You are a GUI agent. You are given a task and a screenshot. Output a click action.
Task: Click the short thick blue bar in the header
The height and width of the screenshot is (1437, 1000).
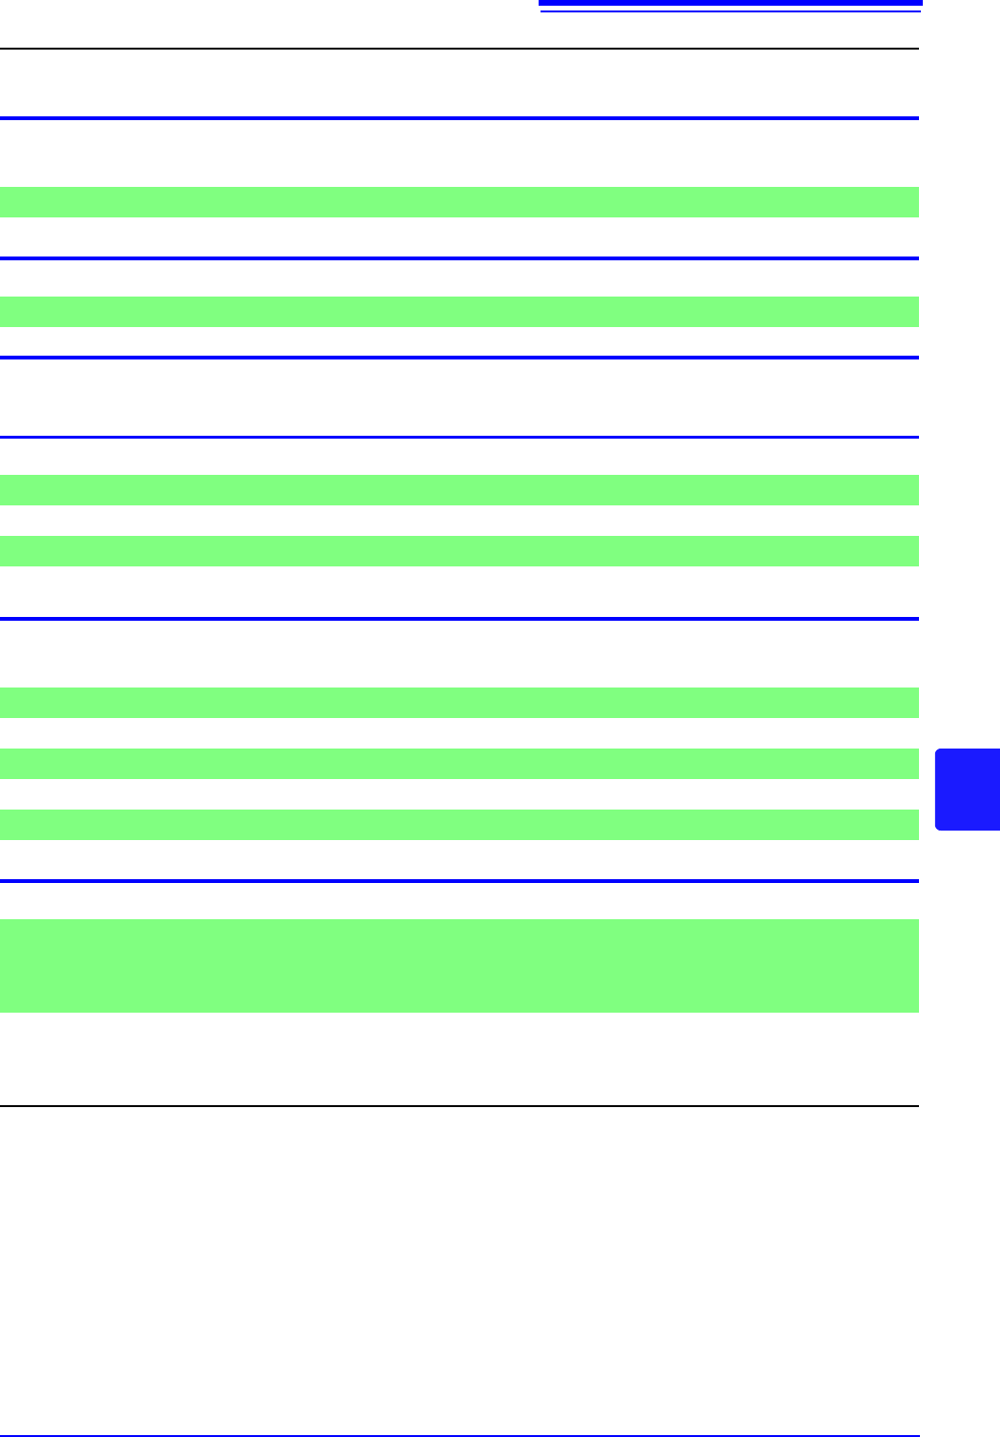(730, 3)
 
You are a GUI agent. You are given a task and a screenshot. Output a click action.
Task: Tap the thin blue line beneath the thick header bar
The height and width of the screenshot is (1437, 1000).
(730, 12)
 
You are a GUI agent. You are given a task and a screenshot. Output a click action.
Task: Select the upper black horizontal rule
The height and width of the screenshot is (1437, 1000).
(459, 49)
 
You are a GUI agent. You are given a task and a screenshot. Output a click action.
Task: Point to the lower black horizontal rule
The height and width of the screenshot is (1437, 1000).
(459, 1106)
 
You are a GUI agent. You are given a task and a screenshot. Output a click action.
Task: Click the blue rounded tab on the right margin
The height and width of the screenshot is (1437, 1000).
(968, 790)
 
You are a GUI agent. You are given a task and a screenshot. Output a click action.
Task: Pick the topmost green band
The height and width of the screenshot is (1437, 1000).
(459, 202)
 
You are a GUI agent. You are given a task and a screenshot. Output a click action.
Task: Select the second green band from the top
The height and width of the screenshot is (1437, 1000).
(459, 312)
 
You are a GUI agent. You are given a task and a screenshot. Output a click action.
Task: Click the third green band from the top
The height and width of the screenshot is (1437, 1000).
(459, 490)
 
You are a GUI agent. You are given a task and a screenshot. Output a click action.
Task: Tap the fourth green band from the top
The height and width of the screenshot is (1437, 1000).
(459, 551)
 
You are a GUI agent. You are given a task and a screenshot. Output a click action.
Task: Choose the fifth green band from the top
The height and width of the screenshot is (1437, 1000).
(459, 703)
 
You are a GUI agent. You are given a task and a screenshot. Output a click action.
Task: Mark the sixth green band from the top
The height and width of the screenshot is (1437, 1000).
(459, 764)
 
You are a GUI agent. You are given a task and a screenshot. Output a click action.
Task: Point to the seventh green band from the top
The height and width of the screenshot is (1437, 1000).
(459, 825)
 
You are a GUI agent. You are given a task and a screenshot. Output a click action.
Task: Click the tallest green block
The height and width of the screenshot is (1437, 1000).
(459, 965)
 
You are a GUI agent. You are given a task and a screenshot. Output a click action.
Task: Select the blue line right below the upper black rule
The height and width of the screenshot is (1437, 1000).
(459, 118)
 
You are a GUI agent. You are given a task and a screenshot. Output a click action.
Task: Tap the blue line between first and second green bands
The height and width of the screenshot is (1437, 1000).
(459, 258)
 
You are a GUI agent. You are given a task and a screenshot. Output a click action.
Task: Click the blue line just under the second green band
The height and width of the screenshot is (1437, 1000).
(459, 358)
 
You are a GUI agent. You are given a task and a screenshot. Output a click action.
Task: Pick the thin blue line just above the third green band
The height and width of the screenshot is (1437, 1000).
(459, 437)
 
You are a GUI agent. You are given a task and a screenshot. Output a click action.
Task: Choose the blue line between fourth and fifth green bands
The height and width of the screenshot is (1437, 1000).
(459, 619)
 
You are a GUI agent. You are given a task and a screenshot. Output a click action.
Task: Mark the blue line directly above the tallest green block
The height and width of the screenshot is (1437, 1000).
(459, 881)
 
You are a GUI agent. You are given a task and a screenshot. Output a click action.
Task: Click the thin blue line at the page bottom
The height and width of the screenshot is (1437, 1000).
(459, 1436)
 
